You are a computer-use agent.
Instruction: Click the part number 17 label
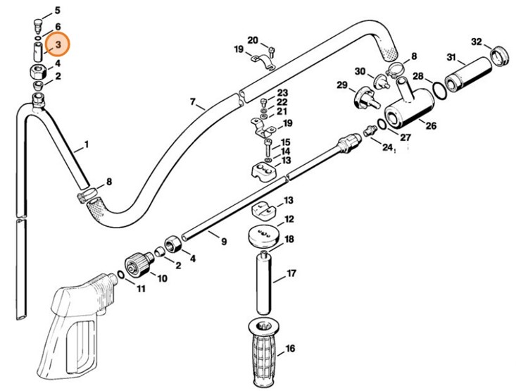291,273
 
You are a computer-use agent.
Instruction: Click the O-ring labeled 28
437,90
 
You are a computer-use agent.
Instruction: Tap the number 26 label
430,127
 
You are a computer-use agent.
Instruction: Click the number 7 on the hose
192,103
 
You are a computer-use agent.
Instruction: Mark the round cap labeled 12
266,235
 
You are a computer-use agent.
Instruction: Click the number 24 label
387,147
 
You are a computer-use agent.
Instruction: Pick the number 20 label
253,39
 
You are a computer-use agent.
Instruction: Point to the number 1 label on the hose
87,145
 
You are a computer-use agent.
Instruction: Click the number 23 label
282,93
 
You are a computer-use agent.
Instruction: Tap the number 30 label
360,71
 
